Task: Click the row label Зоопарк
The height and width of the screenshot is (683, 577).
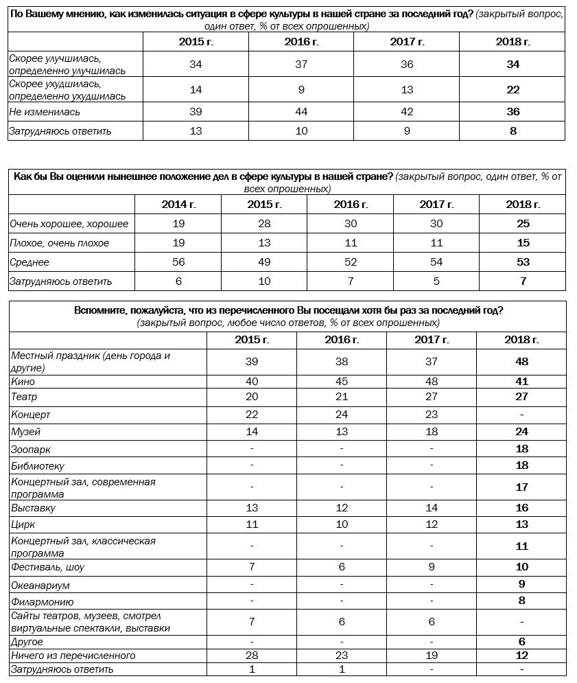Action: pos(31,450)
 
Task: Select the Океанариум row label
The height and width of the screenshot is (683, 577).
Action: pos(40,586)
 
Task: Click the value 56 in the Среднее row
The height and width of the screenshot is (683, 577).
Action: pos(178,262)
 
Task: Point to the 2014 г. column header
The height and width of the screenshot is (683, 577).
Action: pos(178,205)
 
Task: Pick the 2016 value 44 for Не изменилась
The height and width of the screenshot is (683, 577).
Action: pos(302,112)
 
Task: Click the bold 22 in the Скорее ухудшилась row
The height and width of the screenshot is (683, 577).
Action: pos(513,90)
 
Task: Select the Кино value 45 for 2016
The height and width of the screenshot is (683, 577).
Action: pos(340,382)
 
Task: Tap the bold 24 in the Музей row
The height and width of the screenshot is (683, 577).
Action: pos(521,432)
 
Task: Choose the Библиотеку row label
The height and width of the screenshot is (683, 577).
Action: pos(38,466)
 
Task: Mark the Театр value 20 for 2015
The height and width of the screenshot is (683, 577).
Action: pos(252,397)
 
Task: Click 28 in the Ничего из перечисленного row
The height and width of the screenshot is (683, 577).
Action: pos(252,656)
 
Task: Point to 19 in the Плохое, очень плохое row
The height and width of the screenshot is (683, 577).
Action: pos(178,243)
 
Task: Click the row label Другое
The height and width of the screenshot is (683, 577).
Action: pos(27,643)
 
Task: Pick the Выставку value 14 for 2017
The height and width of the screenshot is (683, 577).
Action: pos(431,508)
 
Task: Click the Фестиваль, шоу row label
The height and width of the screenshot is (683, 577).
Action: pos(47,568)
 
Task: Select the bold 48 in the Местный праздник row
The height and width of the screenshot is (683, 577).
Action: pos(521,362)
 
